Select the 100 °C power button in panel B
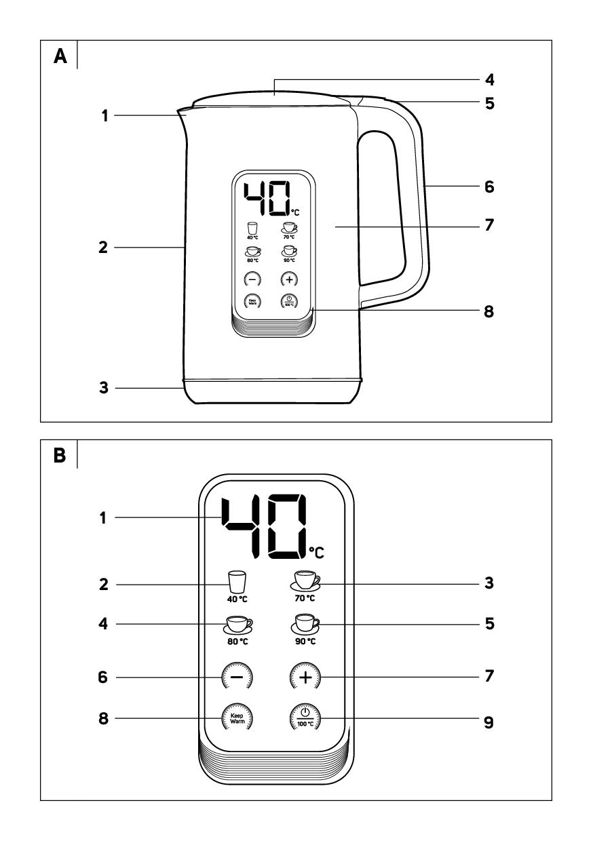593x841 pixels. click(x=305, y=716)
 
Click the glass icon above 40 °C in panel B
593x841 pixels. click(x=235, y=581)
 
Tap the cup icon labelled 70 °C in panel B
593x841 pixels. click(x=305, y=581)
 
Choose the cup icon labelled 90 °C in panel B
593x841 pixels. click(x=305, y=622)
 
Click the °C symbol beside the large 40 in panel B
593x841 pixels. click(x=316, y=552)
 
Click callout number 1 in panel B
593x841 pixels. click(x=104, y=517)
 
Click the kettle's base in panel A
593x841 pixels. click(x=271, y=391)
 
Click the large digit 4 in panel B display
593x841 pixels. click(x=246, y=526)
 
